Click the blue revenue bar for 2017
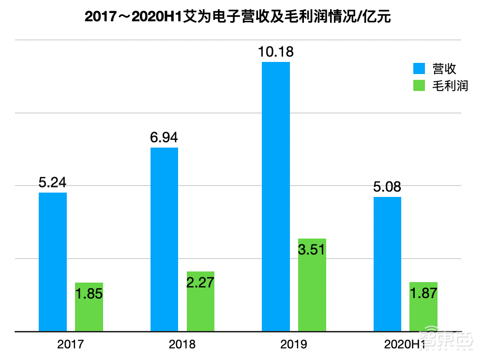point(53,262)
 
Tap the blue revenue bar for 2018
point(164,240)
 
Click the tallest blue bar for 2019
point(276,196)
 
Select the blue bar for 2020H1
point(387,264)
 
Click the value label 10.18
point(276,52)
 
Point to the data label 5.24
point(52,183)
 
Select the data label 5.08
point(387,187)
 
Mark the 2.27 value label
point(200,283)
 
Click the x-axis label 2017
point(71,345)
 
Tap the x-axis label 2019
point(294,345)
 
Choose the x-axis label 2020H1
point(405,345)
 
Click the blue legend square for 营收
point(419,68)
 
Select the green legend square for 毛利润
point(419,86)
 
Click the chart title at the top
point(237,17)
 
